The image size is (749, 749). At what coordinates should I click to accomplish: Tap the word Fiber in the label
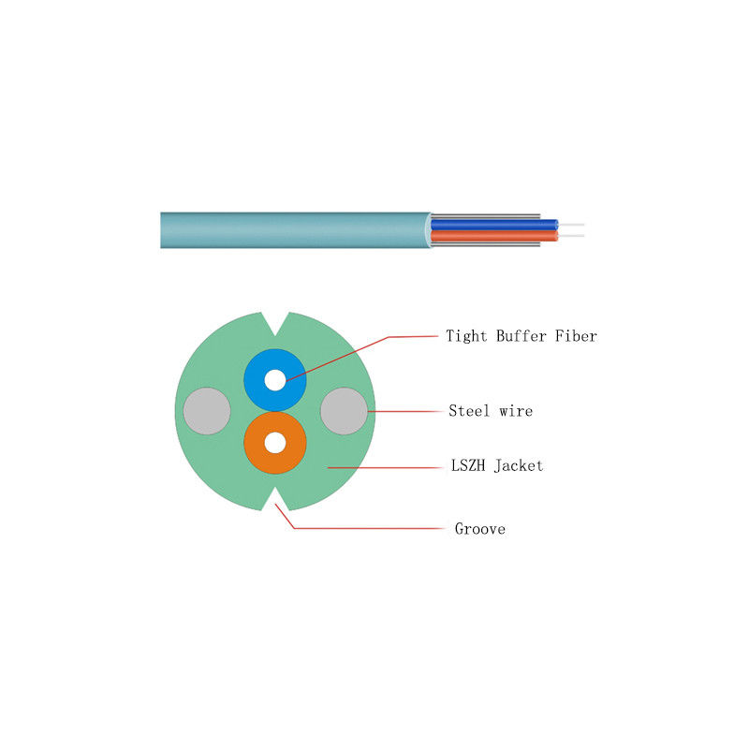coord(576,336)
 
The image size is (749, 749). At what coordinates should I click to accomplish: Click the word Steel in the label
coord(469,411)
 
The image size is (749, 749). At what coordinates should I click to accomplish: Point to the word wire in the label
coord(516,411)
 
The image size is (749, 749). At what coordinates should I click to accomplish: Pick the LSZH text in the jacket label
coord(468,465)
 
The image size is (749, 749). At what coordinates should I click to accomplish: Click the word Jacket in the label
coord(519,465)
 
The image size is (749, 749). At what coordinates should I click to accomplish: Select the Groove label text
coord(480,529)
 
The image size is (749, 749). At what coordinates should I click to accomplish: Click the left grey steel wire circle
coord(207,411)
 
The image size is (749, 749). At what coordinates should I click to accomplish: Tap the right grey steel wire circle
coord(344,411)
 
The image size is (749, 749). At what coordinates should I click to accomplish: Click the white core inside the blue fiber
coord(274,380)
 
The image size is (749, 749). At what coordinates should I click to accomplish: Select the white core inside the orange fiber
coord(274,443)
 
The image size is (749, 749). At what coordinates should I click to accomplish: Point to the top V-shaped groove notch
coord(275,323)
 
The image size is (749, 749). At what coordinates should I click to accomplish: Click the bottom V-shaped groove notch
coord(275,498)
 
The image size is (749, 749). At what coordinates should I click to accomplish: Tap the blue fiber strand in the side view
coord(494,225)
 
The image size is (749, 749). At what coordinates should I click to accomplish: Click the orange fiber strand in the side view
coord(494,236)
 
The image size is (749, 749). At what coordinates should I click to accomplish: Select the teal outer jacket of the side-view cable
coord(296,230)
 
